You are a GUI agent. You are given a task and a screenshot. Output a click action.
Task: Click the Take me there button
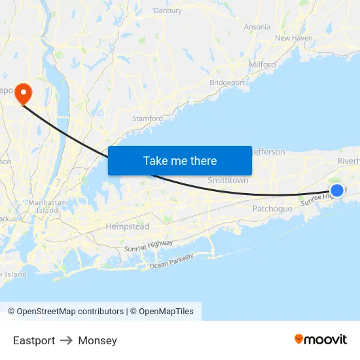point(180,161)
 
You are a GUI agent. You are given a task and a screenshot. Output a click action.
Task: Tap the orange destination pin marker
point(24,92)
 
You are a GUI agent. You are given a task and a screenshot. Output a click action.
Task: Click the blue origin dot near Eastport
point(336,190)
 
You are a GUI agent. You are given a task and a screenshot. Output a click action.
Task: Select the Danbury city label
point(168,10)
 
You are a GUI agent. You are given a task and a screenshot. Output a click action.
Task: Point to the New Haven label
point(294,38)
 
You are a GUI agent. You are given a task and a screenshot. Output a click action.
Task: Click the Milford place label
point(262,65)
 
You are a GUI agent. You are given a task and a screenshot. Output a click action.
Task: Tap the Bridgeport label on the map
point(227,83)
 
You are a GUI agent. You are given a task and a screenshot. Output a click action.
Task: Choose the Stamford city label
point(147,118)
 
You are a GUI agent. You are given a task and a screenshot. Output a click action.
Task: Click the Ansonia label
point(257,27)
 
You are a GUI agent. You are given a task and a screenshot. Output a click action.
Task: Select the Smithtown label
point(228,180)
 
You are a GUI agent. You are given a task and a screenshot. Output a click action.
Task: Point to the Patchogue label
point(272,209)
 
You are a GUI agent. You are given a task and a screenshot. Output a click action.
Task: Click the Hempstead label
point(127,226)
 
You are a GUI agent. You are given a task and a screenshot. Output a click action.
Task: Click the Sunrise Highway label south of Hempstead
point(149,246)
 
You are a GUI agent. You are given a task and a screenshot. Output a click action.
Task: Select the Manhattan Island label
point(47,207)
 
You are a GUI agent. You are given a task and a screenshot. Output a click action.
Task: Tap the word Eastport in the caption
point(34,340)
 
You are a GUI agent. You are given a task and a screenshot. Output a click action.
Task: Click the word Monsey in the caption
point(98,340)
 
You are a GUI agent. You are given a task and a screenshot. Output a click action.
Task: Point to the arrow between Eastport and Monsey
point(66,340)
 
